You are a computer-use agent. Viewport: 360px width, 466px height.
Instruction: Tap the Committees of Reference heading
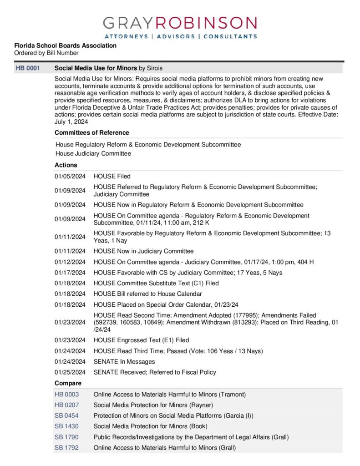point(91,132)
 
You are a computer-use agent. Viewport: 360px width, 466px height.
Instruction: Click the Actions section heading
point(66,165)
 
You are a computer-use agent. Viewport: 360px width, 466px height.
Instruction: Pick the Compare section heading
point(68,383)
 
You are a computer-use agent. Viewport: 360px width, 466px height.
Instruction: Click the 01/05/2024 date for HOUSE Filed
point(70,176)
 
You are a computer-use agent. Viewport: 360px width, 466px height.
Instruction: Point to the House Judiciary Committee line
point(93,153)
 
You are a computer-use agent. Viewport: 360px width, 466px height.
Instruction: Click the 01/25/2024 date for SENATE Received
point(70,372)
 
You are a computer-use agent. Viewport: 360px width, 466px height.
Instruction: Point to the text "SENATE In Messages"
point(124,361)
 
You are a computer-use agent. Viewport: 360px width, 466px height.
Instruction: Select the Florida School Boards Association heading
point(65,46)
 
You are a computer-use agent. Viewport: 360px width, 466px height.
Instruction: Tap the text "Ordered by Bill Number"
point(46,53)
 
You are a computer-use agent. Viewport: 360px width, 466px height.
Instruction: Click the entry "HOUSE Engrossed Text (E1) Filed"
point(141,340)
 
